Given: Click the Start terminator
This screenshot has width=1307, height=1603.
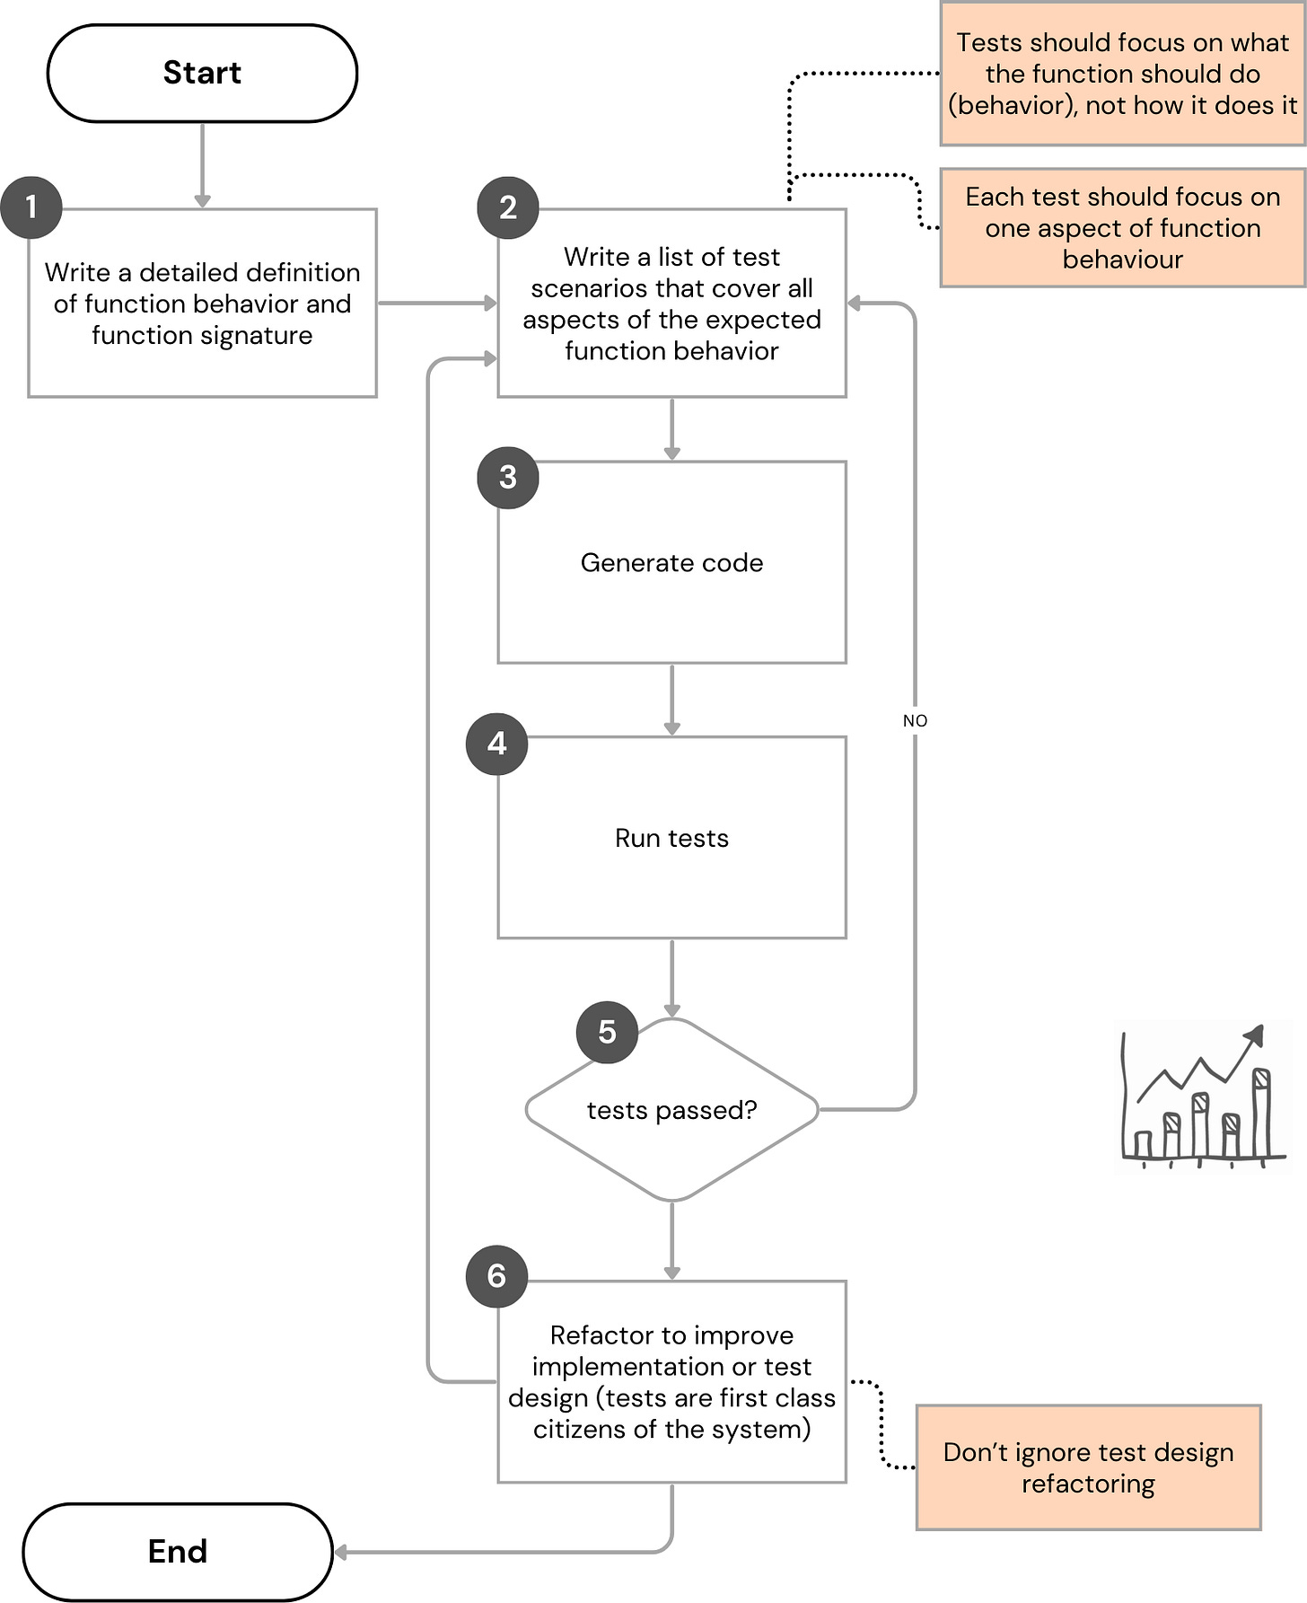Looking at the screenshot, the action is (x=202, y=73).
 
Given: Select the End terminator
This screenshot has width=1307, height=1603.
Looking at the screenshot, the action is (x=178, y=1551).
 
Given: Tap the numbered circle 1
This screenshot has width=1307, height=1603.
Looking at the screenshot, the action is (x=31, y=207).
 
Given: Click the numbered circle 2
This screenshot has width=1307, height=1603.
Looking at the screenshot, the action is (x=508, y=207).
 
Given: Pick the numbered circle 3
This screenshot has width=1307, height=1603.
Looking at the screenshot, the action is (x=508, y=477).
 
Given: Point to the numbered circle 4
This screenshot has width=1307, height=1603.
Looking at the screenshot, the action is (x=497, y=744).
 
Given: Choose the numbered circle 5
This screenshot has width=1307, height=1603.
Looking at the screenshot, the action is (x=607, y=1032).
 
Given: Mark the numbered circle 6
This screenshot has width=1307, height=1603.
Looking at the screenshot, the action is (x=497, y=1276).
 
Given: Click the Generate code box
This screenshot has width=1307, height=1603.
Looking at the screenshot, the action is (x=671, y=562).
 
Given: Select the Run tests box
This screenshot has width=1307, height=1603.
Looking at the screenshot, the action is (x=671, y=838).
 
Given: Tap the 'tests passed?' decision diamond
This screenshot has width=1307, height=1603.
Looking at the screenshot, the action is (x=671, y=1110).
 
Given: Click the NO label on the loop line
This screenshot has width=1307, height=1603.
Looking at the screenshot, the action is (x=915, y=720).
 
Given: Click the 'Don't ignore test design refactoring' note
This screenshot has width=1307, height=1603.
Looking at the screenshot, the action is (x=1088, y=1467).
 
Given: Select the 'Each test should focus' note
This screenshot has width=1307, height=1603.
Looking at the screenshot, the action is (x=1122, y=228).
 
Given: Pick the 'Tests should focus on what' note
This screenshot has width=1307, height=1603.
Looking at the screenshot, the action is (x=1122, y=74).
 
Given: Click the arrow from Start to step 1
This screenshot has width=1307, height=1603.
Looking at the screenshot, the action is (x=202, y=165).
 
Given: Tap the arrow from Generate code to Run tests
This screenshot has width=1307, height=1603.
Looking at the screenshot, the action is (x=671, y=700).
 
